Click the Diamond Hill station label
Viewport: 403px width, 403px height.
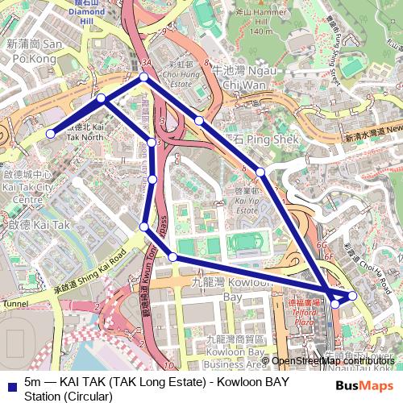(86, 13)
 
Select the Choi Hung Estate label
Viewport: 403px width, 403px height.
(180, 77)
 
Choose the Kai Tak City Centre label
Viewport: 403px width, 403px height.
(27, 186)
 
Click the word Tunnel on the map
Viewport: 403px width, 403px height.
(15, 304)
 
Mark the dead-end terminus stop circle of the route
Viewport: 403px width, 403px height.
(50, 134)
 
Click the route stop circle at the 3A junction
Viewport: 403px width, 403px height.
(144, 77)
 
